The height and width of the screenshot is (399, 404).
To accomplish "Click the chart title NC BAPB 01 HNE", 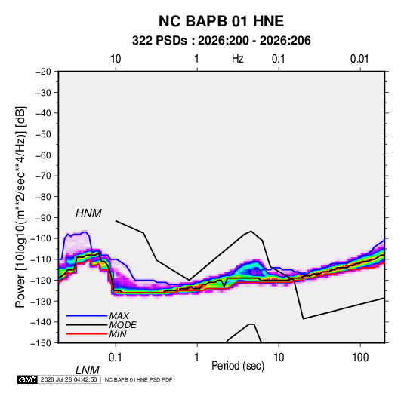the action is click(221, 21).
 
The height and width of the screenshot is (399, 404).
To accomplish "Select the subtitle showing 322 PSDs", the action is click(221, 41).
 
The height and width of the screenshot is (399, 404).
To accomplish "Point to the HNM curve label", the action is click(88, 213).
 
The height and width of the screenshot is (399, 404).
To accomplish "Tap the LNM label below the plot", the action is click(88, 370).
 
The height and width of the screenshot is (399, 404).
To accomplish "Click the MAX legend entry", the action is click(119, 315).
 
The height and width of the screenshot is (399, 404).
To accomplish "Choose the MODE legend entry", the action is click(122, 325).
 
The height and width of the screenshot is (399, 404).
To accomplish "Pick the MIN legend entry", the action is click(118, 334).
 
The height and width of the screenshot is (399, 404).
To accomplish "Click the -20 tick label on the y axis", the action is click(43, 72).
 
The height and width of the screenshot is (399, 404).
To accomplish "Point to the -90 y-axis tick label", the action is click(43, 218).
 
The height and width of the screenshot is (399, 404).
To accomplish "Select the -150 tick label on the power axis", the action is click(41, 343).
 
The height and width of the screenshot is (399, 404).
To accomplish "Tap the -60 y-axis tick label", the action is click(43, 155).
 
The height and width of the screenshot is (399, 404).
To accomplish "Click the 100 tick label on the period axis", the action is click(360, 358).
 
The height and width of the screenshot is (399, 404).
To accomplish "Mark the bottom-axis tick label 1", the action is click(197, 358).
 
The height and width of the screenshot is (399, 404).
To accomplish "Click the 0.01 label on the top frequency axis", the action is click(359, 59).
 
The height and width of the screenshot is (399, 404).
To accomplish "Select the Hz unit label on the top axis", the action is click(238, 59).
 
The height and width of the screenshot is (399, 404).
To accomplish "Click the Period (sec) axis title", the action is click(238, 366).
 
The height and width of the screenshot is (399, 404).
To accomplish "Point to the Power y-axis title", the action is click(20, 207).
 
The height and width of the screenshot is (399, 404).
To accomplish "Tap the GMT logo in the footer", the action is click(27, 379).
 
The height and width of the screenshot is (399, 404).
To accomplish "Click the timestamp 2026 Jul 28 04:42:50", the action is click(69, 379).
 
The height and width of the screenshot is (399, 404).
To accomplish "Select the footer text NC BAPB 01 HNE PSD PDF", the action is click(139, 379).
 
